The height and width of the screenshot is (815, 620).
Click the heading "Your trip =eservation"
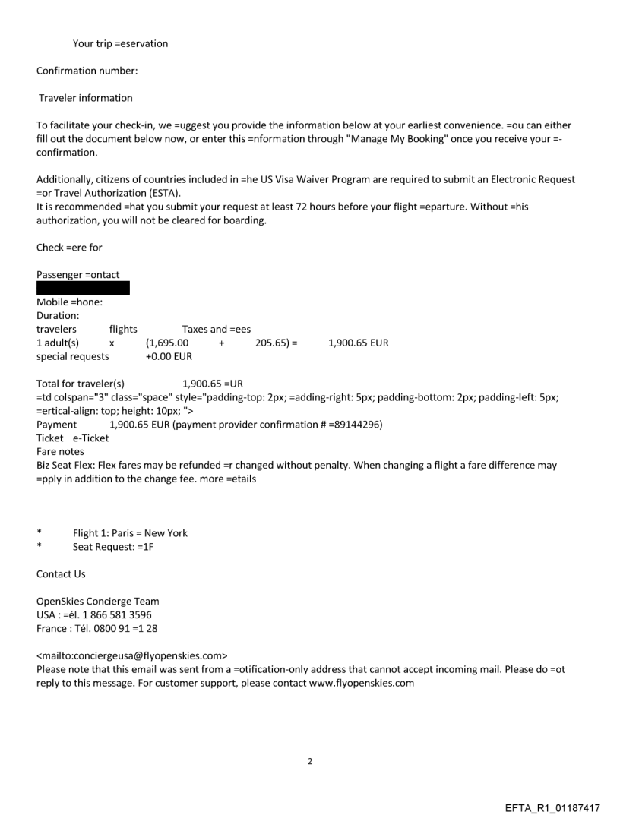pos(120,43)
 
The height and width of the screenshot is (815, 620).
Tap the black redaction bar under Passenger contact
pos(83,288)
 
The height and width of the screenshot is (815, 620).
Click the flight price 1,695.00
pos(168,343)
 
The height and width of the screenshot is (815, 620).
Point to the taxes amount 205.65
pos(271,343)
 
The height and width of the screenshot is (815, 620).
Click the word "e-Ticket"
pos(90,438)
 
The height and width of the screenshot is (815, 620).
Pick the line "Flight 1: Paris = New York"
pos(130,532)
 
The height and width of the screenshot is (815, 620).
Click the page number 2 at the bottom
pos(310,760)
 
